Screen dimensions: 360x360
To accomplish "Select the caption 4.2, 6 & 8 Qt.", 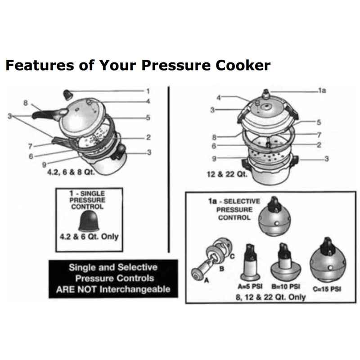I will tap(71, 171).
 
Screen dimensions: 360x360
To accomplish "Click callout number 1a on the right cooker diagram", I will tap(322, 90).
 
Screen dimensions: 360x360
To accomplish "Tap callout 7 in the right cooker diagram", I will tap(318, 134).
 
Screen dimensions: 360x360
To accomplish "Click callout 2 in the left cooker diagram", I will tap(148, 137).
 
